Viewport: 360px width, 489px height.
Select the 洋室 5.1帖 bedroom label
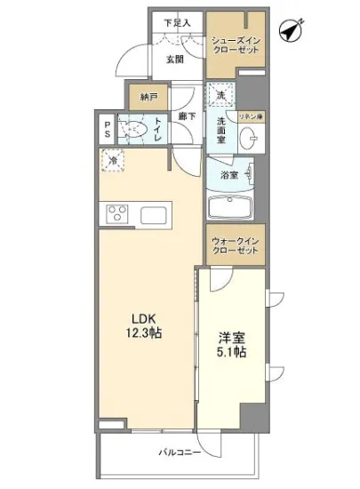click(x=232, y=345)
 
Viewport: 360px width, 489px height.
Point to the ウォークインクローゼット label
click(x=236, y=245)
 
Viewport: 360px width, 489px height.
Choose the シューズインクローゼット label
click(x=235, y=44)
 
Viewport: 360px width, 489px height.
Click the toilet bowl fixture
click(x=134, y=131)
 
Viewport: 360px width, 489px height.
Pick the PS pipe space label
click(x=108, y=130)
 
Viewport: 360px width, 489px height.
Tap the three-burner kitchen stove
click(x=119, y=214)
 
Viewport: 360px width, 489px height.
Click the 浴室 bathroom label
click(x=229, y=175)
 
